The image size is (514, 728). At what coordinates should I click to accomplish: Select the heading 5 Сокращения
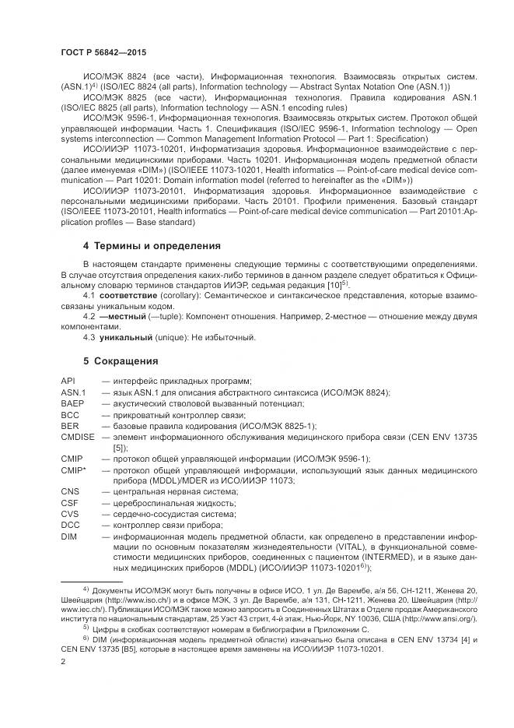point(121,361)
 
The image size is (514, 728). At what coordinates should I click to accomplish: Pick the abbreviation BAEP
point(72,404)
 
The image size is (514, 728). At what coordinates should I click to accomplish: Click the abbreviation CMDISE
point(77,438)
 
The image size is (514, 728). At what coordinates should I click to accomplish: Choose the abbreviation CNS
point(69,492)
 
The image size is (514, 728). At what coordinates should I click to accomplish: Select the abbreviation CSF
point(69,504)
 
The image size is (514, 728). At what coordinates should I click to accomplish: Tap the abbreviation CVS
point(69,515)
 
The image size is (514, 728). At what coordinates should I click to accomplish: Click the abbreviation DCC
point(70,526)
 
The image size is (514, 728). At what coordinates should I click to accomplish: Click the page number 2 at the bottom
point(63,661)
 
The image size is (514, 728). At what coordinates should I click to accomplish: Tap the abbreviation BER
point(69,427)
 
